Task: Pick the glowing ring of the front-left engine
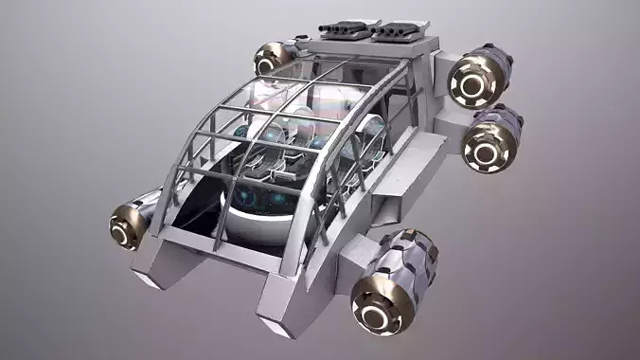(x=125, y=227)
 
